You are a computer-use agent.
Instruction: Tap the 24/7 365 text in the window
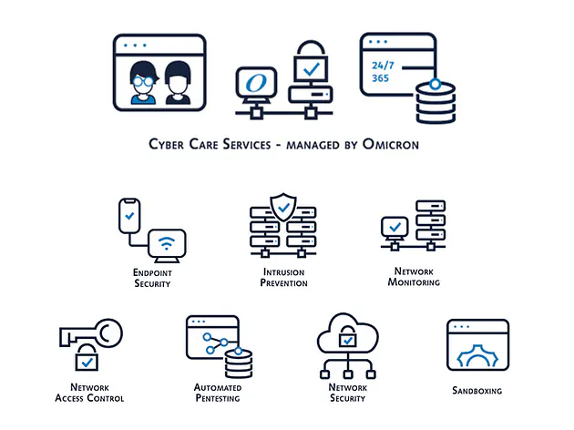tap(379, 72)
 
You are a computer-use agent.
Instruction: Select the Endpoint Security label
tap(152, 278)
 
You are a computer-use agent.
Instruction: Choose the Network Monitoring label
tap(414, 278)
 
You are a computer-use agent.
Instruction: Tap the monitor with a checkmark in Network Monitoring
tap(395, 227)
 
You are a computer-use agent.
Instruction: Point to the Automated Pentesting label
tap(218, 393)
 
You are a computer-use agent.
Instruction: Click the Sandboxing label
tap(477, 392)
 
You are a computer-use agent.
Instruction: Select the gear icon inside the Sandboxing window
tap(477, 353)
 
